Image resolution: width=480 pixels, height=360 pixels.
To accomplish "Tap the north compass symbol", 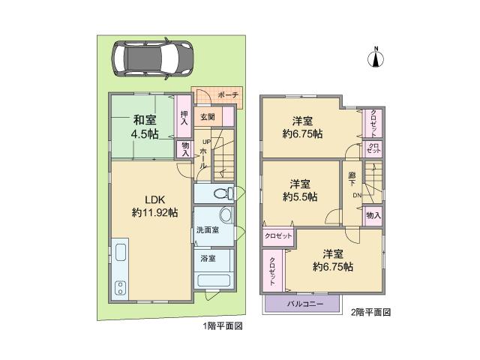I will [x=376, y=58].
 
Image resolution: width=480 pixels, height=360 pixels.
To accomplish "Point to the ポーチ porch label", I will [x=228, y=95].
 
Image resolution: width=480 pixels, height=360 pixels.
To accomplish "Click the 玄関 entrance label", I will [x=207, y=116].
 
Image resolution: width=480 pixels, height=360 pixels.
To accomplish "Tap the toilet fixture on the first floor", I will [x=220, y=193].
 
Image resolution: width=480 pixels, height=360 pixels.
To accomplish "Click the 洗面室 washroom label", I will [x=208, y=229].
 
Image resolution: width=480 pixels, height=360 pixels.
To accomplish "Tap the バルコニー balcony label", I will [x=304, y=304].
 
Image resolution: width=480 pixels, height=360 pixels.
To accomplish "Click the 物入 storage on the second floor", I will [x=373, y=215].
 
